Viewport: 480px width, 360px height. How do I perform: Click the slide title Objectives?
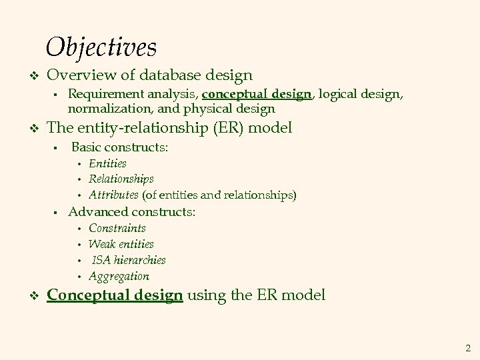[101, 47]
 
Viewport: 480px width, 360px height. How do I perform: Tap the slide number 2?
[468, 347]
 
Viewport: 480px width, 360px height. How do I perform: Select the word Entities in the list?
[107, 163]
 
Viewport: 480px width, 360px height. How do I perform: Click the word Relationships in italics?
[121, 179]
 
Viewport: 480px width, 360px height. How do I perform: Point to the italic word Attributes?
[113, 195]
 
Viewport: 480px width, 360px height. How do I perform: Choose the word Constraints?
[117, 228]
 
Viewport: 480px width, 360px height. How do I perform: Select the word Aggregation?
[119, 276]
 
